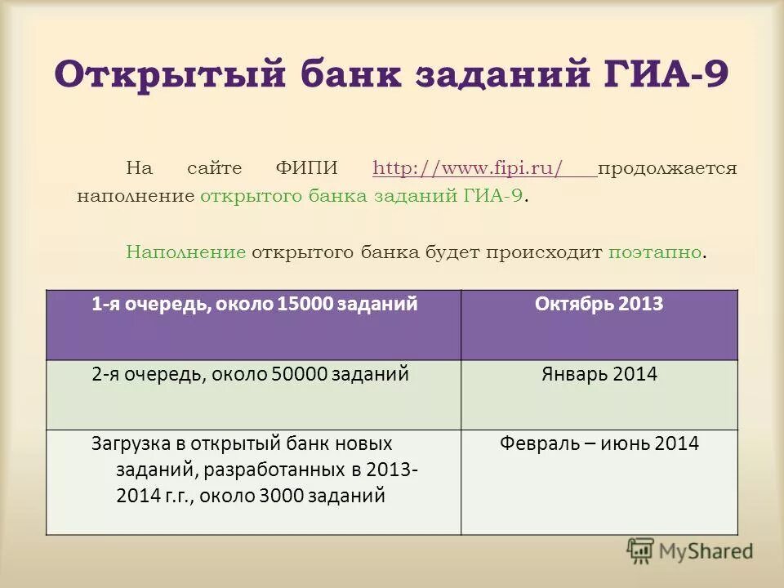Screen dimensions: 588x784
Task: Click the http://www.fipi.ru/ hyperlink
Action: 469,169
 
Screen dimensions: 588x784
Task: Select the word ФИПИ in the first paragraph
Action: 307,169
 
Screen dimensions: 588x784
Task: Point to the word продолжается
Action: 667,169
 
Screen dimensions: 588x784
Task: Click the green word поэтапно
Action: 654,252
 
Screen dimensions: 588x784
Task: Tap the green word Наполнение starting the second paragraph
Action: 186,252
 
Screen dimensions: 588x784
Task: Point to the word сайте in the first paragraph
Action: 215,169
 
